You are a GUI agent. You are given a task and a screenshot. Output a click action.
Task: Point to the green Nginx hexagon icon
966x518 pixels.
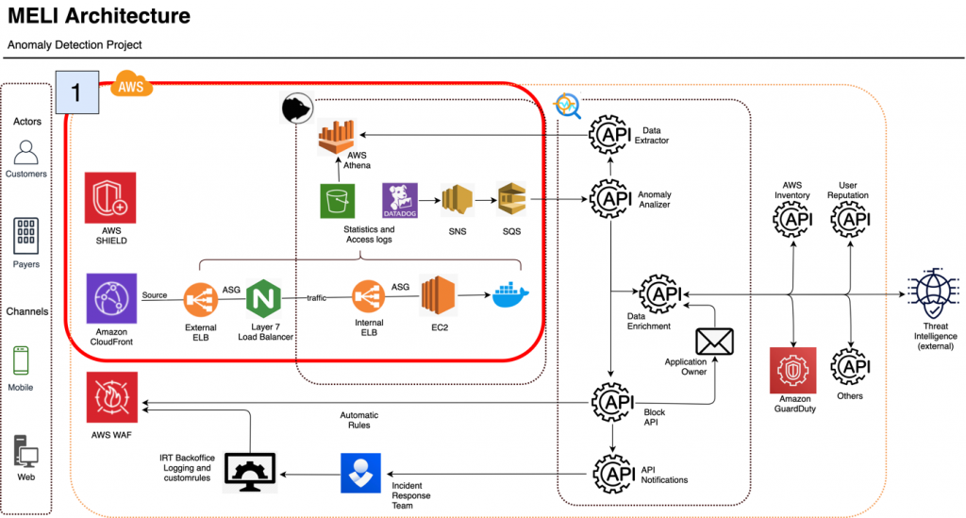click(x=265, y=300)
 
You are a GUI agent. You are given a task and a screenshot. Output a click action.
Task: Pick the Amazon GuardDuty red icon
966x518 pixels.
click(x=793, y=369)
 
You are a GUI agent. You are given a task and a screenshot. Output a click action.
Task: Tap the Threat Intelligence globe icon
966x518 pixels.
click(x=934, y=295)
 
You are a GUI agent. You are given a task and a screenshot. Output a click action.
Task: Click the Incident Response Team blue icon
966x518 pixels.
click(x=360, y=473)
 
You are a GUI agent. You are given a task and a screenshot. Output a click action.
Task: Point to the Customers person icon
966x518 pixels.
click(x=26, y=152)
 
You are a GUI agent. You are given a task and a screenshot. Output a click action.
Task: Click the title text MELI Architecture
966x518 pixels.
click(x=99, y=17)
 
